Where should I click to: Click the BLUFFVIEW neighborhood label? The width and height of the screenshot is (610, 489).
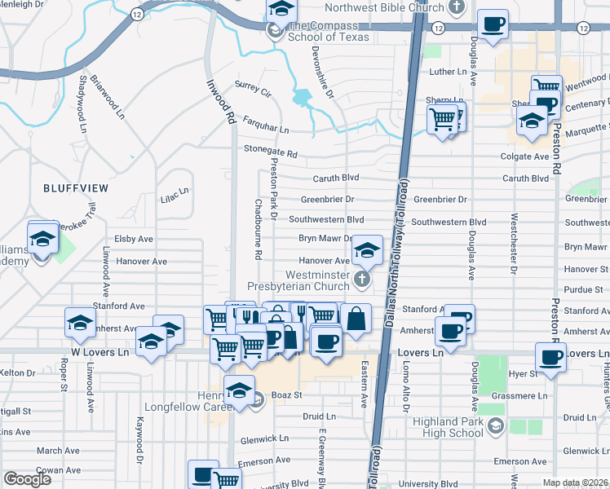point(75,188)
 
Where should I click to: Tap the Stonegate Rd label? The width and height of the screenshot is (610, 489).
point(271,153)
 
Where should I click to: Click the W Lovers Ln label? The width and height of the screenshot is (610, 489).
point(99,353)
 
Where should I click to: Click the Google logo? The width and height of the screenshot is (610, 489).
point(27,479)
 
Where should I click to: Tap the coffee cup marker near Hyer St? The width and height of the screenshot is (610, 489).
point(551,356)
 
